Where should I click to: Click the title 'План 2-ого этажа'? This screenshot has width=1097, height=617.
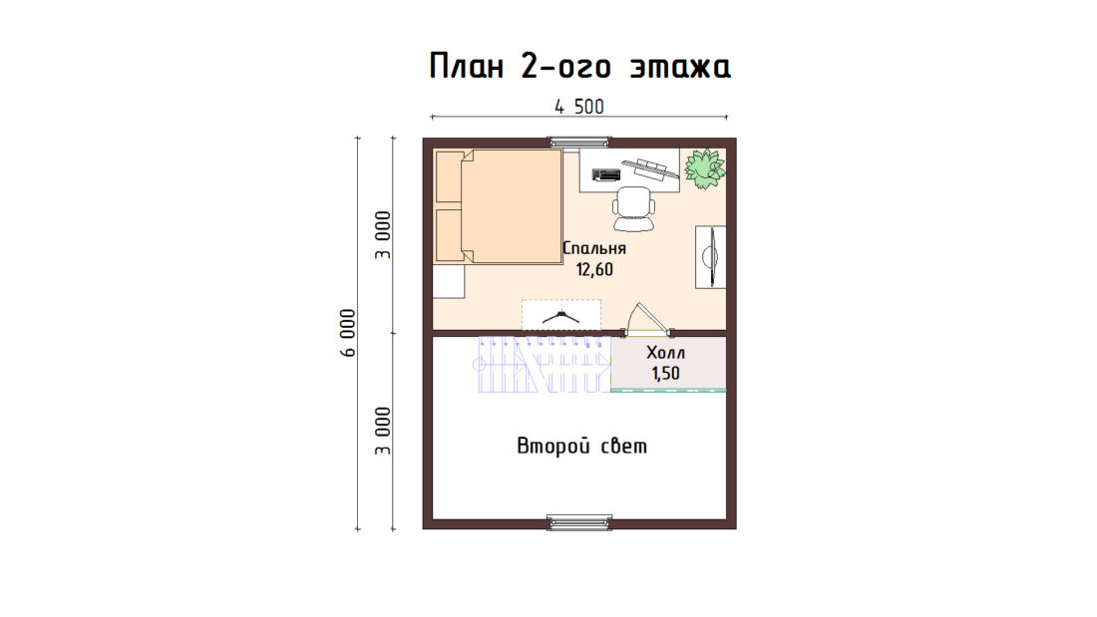(580, 67)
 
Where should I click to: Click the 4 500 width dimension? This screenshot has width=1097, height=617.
(579, 107)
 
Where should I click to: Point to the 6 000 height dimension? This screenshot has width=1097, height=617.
(348, 333)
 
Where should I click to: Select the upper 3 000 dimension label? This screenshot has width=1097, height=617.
(383, 235)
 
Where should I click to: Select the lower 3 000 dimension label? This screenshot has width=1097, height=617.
(383, 431)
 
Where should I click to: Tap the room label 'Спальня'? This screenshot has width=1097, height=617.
(594, 248)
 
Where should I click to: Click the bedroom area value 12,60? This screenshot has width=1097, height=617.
(594, 269)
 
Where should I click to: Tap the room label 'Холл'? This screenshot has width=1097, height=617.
(665, 352)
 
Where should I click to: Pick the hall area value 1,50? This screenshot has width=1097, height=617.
(665, 374)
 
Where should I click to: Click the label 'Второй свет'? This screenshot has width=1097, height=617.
(582, 446)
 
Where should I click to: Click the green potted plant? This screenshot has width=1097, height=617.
(704, 167)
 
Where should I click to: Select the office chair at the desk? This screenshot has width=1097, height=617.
(634, 208)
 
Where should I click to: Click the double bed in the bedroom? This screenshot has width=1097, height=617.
(498, 206)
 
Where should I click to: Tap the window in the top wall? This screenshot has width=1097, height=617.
(579, 143)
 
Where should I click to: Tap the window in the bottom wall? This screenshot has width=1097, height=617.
(579, 522)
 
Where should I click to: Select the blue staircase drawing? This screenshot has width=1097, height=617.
(545, 364)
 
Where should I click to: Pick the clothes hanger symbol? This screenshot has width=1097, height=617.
(561, 317)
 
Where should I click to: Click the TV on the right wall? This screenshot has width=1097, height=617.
(711, 257)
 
